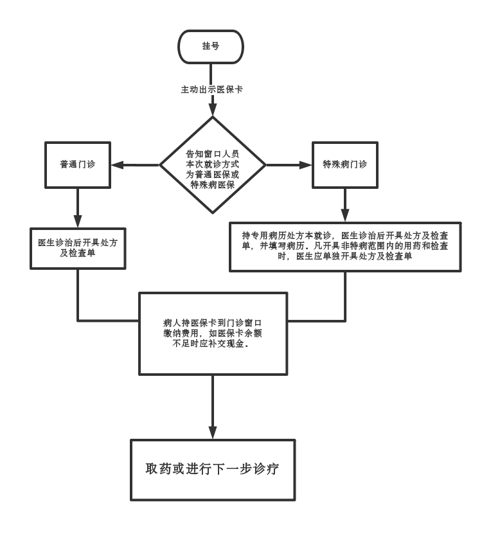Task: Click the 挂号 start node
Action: click(211, 46)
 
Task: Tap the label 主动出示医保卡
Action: click(211, 90)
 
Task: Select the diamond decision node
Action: click(212, 165)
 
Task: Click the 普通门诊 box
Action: click(78, 164)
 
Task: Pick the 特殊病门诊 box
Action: click(344, 164)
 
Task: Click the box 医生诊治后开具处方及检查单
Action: click(78, 248)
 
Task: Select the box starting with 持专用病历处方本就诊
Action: click(345, 246)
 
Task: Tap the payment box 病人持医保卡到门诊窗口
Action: click(213, 333)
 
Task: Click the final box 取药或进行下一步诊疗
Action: click(213, 470)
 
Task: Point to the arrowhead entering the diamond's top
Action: click(212, 110)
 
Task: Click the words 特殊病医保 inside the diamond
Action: click(212, 184)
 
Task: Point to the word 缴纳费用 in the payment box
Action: click(182, 333)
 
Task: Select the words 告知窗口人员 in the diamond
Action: click(212, 154)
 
